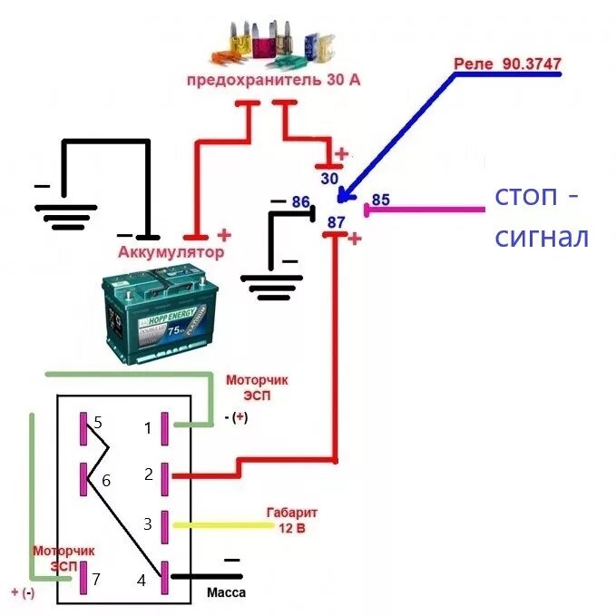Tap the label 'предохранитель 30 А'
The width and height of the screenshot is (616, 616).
[273, 80]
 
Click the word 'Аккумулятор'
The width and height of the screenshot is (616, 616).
[170, 250]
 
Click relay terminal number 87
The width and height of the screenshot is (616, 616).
[337, 222]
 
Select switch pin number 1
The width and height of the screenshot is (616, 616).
[148, 427]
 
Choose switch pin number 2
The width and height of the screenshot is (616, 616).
[148, 473]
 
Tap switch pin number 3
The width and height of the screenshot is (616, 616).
[148, 523]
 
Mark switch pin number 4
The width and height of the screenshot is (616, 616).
[142, 580]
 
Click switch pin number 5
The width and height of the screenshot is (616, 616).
[98, 423]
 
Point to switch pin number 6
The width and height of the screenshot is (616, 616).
[105, 481]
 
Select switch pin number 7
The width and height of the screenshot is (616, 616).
[98, 578]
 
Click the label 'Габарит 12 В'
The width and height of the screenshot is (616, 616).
[292, 520]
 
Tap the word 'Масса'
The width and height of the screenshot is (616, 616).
[227, 592]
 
